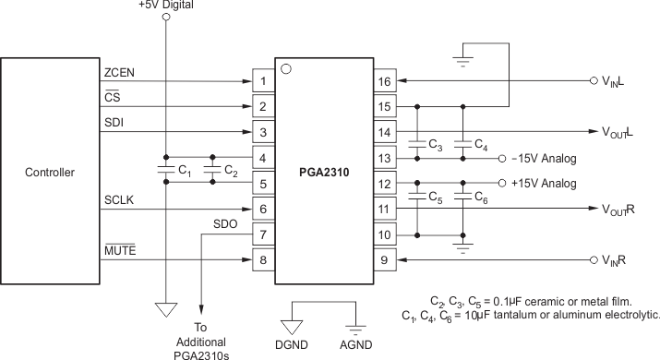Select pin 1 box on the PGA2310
pos(263,81)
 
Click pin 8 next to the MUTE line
pos(263,261)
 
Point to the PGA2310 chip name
pos(324,172)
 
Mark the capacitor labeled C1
pos(166,171)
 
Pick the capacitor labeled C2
pos(212,171)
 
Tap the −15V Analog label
pos(544,159)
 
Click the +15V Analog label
pos(544,183)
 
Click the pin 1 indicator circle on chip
pos(285,68)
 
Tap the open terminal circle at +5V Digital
pos(166,18)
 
